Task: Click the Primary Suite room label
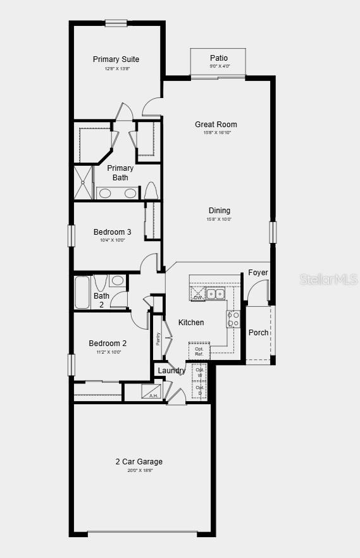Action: [116, 59]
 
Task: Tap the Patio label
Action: [219, 58]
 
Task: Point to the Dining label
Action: [220, 211]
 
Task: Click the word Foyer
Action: [258, 273]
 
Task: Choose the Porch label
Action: [258, 333]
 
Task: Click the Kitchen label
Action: [191, 323]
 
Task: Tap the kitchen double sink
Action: [216, 294]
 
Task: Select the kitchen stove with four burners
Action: [233, 319]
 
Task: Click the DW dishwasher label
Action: [197, 297]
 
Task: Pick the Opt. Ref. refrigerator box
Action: [199, 351]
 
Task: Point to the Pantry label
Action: [158, 338]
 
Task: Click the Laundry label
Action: [171, 371]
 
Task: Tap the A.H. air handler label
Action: [153, 395]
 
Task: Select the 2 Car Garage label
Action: [139, 462]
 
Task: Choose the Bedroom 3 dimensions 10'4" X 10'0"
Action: [113, 240]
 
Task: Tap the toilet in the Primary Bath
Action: [151, 190]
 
